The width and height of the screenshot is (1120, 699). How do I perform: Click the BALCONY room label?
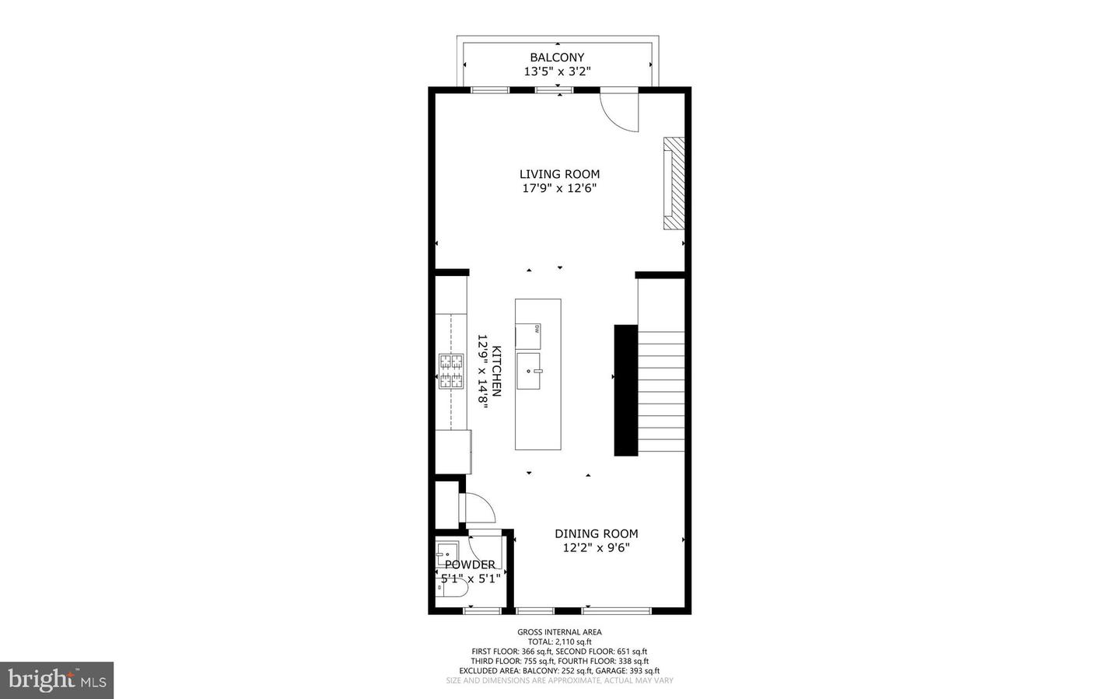coord(557,58)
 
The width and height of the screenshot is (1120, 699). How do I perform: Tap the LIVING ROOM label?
coord(559,174)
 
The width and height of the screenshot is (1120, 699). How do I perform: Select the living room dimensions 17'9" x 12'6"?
coord(559,188)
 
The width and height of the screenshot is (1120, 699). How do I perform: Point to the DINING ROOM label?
coord(596,533)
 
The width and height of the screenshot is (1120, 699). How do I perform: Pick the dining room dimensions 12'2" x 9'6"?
coord(596,547)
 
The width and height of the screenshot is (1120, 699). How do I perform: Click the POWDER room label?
coord(470,564)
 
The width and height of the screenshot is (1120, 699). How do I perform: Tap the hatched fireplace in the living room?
coord(674,183)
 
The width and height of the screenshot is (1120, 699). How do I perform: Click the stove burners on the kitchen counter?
coord(452,371)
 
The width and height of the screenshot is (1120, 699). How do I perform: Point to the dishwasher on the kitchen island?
coord(529,336)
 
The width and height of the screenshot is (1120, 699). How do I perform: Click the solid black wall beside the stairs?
coord(625,390)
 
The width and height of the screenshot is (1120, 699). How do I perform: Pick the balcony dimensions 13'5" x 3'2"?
coord(557,72)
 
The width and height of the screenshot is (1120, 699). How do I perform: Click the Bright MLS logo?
coord(57,680)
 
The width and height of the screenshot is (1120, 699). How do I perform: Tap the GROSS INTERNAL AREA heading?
coord(559,632)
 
